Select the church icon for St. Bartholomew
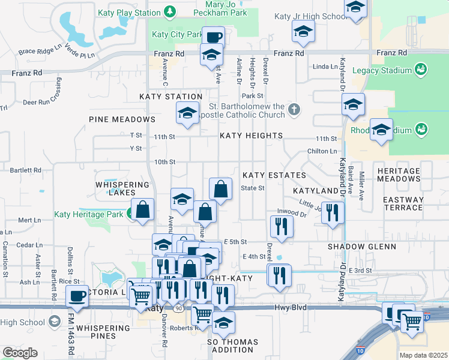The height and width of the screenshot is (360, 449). click(294, 109)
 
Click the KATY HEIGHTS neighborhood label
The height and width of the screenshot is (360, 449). click(251, 136)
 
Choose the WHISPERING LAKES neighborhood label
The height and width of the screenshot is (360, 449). click(122, 188)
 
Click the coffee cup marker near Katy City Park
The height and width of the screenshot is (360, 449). click(213, 37)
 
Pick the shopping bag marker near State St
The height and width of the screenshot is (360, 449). click(221, 189)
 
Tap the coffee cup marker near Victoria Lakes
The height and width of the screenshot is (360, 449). click(77, 296)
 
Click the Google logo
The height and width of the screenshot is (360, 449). click(20, 353)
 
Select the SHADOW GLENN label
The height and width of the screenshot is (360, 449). click(361, 247)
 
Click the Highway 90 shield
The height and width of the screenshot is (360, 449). click(178, 308)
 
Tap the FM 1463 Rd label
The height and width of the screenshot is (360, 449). click(71, 340)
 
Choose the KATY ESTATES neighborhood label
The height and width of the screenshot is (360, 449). click(274, 175)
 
